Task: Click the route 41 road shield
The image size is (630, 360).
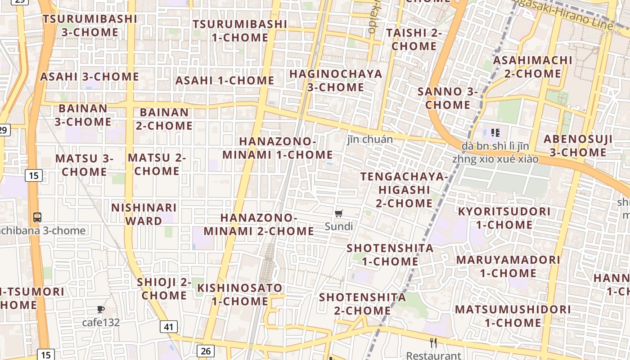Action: tap(168, 326)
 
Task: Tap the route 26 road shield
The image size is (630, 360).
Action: tap(206, 351)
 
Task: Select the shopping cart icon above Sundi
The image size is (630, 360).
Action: tap(339, 214)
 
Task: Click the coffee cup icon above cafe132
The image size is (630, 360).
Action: tap(101, 310)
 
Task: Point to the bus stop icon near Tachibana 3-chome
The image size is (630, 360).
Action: tap(37, 217)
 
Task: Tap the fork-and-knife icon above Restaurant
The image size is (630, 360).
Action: tap(433, 343)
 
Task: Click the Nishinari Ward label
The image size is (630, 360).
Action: tap(144, 214)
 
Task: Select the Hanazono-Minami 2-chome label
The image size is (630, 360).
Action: tap(259, 224)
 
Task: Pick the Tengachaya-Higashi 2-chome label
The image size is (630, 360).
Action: tap(404, 189)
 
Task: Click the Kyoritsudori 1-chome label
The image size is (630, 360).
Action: tap(504, 218)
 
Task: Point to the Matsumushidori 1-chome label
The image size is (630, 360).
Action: tap(513, 316)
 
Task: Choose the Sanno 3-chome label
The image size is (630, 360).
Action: tap(448, 98)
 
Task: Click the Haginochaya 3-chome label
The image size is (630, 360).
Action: tap(336, 80)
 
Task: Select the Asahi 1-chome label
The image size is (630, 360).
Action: tap(225, 81)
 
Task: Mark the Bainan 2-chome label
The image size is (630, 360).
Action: tap(164, 119)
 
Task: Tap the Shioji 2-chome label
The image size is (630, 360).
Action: tap(164, 289)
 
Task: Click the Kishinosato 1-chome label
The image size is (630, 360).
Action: tap(240, 294)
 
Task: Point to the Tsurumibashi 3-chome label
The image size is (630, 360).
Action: tap(90, 26)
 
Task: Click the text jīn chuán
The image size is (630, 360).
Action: tap(370, 139)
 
